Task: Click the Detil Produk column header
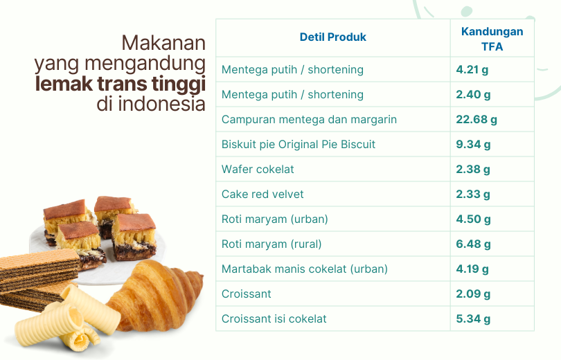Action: pos(332,37)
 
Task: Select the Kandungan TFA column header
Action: pos(492,39)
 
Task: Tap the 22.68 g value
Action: pos(477,119)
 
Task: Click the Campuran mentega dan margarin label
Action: pos(309,119)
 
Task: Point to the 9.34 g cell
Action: pos(473,145)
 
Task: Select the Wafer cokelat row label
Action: pos(258,169)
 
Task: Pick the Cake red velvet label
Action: pos(262,194)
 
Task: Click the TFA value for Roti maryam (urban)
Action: pos(473,219)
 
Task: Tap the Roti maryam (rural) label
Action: pos(271,244)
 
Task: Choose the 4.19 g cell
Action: pos(472,269)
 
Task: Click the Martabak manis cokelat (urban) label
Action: pos(305,269)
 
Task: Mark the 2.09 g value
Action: pos(473,294)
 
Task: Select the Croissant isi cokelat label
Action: pos(274,319)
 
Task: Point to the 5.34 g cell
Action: pos(473,319)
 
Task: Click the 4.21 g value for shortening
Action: pos(472,70)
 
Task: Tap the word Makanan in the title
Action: pos(163,43)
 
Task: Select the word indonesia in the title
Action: pos(161,104)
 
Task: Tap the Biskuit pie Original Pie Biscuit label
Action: pos(299,145)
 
